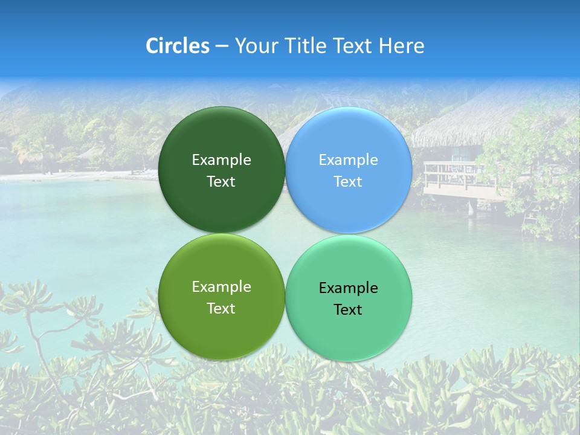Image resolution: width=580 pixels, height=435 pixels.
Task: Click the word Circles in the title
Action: [x=178, y=46]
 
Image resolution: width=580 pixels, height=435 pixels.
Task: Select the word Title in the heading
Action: [x=307, y=46]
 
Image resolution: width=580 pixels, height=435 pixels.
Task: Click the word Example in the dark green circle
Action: [x=221, y=160]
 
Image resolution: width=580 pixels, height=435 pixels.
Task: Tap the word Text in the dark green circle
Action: [x=221, y=182]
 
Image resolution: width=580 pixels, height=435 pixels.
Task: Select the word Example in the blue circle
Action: [x=348, y=160]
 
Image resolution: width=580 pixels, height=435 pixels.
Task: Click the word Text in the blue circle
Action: [x=348, y=182]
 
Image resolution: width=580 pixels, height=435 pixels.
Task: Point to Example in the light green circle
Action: [x=221, y=287]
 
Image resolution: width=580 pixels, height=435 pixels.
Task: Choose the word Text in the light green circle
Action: [x=221, y=309]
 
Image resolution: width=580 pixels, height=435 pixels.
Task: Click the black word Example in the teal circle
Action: [x=348, y=288]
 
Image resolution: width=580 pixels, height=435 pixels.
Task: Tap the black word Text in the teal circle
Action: [x=348, y=310]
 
